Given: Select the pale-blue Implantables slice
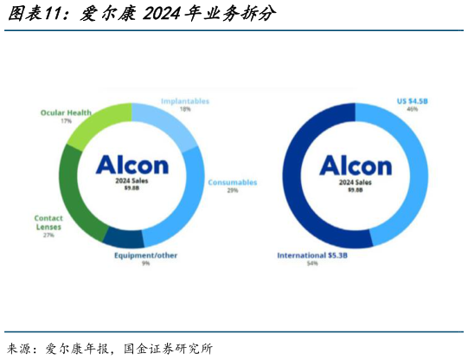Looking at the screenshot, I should (170, 125).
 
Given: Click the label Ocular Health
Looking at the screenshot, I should (67, 112).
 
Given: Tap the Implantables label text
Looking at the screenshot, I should (185, 101).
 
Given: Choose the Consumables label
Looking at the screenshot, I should (233, 183).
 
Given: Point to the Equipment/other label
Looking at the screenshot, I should (144, 255).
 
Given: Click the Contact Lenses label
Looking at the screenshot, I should (48, 222).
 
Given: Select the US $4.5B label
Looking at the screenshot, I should (412, 100).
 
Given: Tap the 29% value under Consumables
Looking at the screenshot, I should (233, 191).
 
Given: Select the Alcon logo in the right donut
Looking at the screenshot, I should (356, 164).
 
